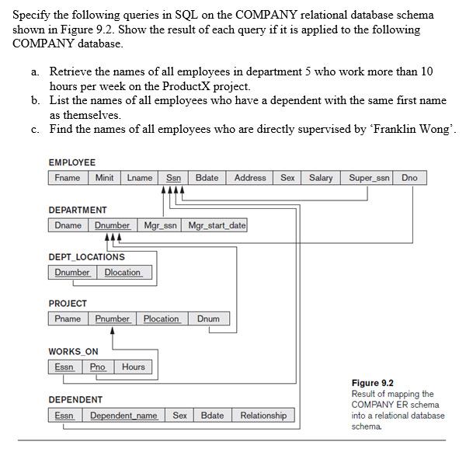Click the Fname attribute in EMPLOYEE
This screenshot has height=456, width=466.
click(x=67, y=178)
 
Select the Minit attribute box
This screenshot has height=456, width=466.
click(x=104, y=178)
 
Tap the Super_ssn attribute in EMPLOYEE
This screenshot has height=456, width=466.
click(x=369, y=178)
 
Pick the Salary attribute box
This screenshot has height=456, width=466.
click(x=321, y=178)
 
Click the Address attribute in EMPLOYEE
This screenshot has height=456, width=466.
click(x=250, y=178)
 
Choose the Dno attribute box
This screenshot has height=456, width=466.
click(x=409, y=178)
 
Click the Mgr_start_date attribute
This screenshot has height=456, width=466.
click(x=217, y=225)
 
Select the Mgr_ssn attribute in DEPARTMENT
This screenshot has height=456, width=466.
click(x=161, y=225)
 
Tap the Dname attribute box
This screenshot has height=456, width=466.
click(x=68, y=225)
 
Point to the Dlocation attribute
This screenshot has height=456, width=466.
click(x=123, y=273)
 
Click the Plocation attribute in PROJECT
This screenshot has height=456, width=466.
click(x=162, y=319)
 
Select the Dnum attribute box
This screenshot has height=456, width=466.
click(x=208, y=319)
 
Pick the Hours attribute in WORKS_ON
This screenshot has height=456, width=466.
click(x=133, y=367)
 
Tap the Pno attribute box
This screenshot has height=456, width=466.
click(x=97, y=367)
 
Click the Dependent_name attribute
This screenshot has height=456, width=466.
click(x=123, y=416)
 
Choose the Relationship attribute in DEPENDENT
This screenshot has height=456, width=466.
click(x=263, y=416)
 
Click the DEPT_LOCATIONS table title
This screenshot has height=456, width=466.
click(x=86, y=257)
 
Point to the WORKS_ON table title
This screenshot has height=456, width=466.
click(x=73, y=351)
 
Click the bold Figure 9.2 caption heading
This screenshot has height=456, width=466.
click(x=372, y=383)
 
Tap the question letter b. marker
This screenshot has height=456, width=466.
click(x=36, y=100)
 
